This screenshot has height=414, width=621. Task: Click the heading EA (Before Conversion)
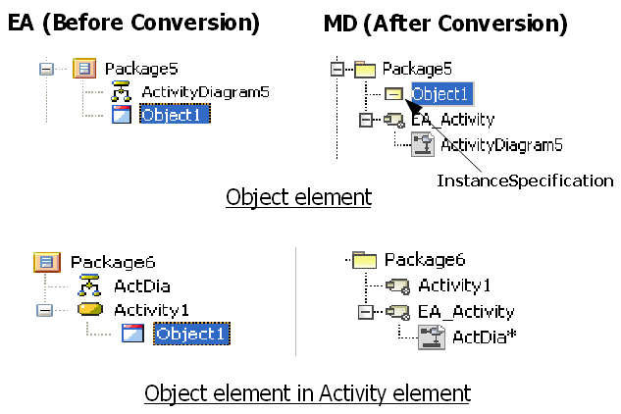pyautogui.click(x=134, y=21)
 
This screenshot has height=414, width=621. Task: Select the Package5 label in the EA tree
pyautogui.click(x=141, y=70)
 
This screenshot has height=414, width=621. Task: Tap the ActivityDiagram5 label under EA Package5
pyautogui.click(x=205, y=92)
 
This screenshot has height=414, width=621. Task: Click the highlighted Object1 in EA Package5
pyautogui.click(x=175, y=115)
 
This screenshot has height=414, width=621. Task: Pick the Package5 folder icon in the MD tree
pyautogui.click(x=365, y=70)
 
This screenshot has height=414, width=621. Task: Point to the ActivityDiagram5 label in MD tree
pyautogui.click(x=500, y=145)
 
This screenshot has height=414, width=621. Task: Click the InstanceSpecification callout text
pyautogui.click(x=525, y=181)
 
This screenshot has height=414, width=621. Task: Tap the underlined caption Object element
pyautogui.click(x=298, y=197)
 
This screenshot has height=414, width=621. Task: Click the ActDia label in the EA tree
pyautogui.click(x=142, y=285)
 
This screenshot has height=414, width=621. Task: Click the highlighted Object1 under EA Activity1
pyautogui.click(x=190, y=334)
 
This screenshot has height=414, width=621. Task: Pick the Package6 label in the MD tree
pyautogui.click(x=424, y=260)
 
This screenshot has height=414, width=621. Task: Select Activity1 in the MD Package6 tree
pyautogui.click(x=454, y=285)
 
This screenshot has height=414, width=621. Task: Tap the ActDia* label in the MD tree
pyautogui.click(x=484, y=337)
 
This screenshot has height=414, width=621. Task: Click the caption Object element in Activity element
pyautogui.click(x=307, y=392)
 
